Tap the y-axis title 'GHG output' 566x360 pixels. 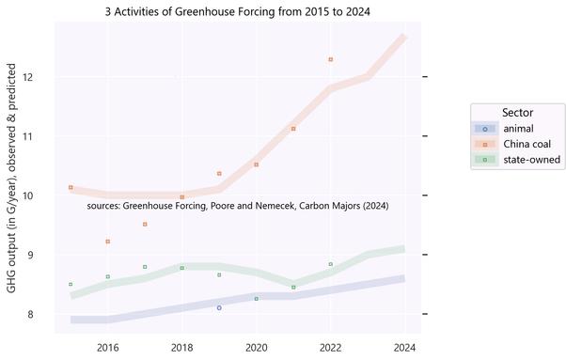(x=11, y=179)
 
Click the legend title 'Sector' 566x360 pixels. (x=518, y=113)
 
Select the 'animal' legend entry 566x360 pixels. (x=518, y=129)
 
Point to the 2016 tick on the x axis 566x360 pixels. (x=108, y=347)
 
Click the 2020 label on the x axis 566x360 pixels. (x=256, y=347)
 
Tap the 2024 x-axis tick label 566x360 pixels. (x=404, y=347)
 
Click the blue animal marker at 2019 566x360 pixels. (x=219, y=307)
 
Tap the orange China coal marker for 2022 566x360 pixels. (x=331, y=59)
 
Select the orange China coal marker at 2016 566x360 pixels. (x=108, y=242)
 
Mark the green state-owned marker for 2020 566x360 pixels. (x=257, y=299)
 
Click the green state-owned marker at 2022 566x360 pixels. (x=331, y=264)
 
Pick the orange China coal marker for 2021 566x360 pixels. (x=293, y=129)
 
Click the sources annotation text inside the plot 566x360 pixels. (x=237, y=205)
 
